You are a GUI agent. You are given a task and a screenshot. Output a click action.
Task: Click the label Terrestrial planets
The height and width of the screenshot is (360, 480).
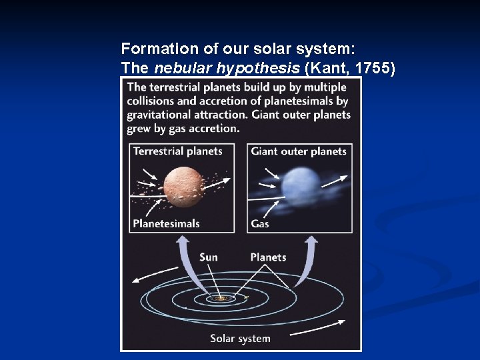coord(177,151)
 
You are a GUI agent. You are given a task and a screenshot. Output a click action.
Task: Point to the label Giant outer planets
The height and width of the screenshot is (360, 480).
coord(299,151)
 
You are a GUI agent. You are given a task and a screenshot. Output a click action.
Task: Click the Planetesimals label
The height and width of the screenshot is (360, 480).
coord(166,223)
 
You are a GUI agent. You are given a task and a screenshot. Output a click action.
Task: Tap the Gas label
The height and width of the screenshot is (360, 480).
coord(260,223)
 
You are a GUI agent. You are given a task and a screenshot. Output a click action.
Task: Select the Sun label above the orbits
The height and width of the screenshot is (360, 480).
coord(208,257)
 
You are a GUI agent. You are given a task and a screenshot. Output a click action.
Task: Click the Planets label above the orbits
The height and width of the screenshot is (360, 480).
coord(268,257)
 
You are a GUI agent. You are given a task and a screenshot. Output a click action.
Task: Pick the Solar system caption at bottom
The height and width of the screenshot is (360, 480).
coord(240,338)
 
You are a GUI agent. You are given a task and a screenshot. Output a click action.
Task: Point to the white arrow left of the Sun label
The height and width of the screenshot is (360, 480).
coord(155,273)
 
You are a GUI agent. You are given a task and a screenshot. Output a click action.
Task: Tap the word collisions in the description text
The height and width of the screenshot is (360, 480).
coord(151,101)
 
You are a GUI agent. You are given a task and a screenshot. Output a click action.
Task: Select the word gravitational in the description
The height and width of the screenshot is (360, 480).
coord(161,115)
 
